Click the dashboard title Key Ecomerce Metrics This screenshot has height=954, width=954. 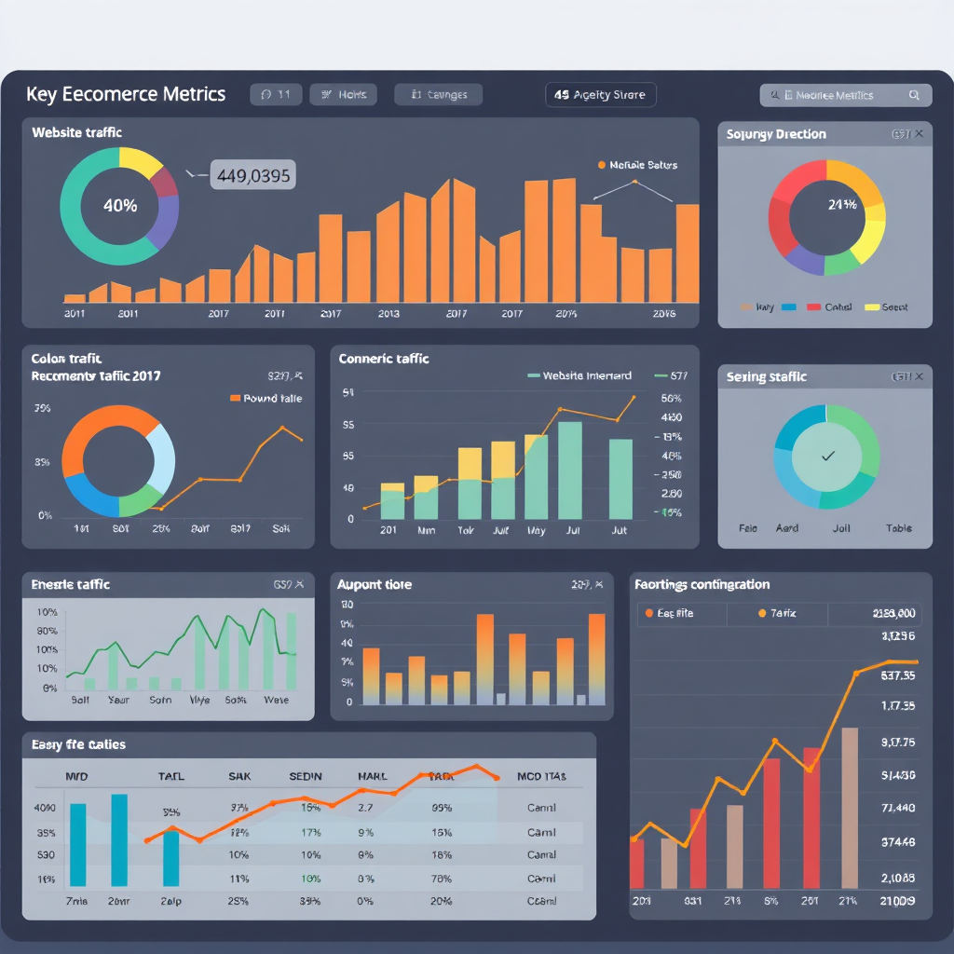(126, 94)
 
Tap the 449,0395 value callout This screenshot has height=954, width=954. (253, 174)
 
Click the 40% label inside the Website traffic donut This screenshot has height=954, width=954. (119, 206)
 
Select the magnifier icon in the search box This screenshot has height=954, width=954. (914, 95)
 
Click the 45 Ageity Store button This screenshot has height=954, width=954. (600, 95)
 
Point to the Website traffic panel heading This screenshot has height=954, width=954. (76, 132)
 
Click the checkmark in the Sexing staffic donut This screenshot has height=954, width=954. (827, 457)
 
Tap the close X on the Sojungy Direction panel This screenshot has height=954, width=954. (919, 134)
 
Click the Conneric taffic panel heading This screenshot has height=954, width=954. (384, 358)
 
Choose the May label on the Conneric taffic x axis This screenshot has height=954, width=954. (536, 530)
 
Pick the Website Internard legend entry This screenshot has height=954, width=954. (579, 375)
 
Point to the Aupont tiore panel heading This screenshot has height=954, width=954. (374, 584)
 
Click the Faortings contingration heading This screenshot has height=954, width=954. (702, 584)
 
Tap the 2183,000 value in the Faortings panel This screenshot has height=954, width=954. (893, 613)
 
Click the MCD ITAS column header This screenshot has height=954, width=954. (541, 775)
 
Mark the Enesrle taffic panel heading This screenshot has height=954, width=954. (70, 584)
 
